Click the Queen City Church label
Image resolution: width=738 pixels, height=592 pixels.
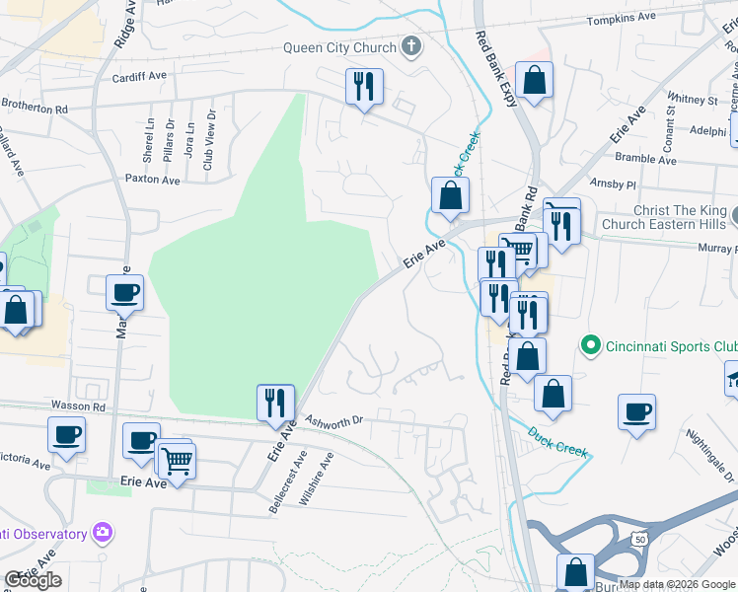click(x=338, y=46)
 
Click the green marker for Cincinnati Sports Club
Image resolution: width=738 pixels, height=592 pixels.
click(x=591, y=345)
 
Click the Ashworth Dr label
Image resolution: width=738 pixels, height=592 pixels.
click(x=335, y=419)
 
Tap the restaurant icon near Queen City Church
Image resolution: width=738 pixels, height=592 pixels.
click(x=364, y=87)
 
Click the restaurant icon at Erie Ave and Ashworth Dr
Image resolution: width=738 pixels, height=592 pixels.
click(x=275, y=403)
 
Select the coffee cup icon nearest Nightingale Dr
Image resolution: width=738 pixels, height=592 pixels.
click(x=637, y=410)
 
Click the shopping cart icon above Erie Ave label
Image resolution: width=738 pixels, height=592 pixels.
click(x=177, y=460)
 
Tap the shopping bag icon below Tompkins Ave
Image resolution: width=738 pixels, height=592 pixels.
click(x=534, y=82)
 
